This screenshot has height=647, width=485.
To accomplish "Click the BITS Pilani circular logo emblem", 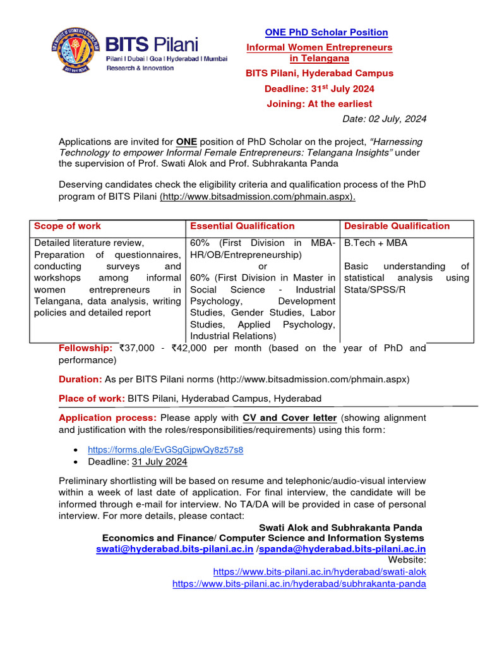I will pos(76,51).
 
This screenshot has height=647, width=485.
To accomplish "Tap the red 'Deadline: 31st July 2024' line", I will pos(319,88).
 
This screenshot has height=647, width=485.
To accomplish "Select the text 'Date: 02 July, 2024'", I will pos(384,119).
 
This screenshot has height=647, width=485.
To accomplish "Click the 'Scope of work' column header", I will pos(68,226).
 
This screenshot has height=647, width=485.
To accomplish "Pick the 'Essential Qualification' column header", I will pos(242,226).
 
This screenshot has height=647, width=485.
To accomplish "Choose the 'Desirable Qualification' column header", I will pos(397,226).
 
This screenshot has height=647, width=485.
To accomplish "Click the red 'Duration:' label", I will pos(80,379).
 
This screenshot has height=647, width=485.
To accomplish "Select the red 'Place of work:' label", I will pos(92,399).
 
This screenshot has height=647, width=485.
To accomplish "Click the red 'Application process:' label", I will pos(108,418).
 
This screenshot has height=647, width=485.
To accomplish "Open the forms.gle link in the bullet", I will pos(165,450).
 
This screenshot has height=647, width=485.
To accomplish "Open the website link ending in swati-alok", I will pos(320,571).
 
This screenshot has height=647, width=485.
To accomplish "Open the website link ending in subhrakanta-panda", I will pos(299,584).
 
